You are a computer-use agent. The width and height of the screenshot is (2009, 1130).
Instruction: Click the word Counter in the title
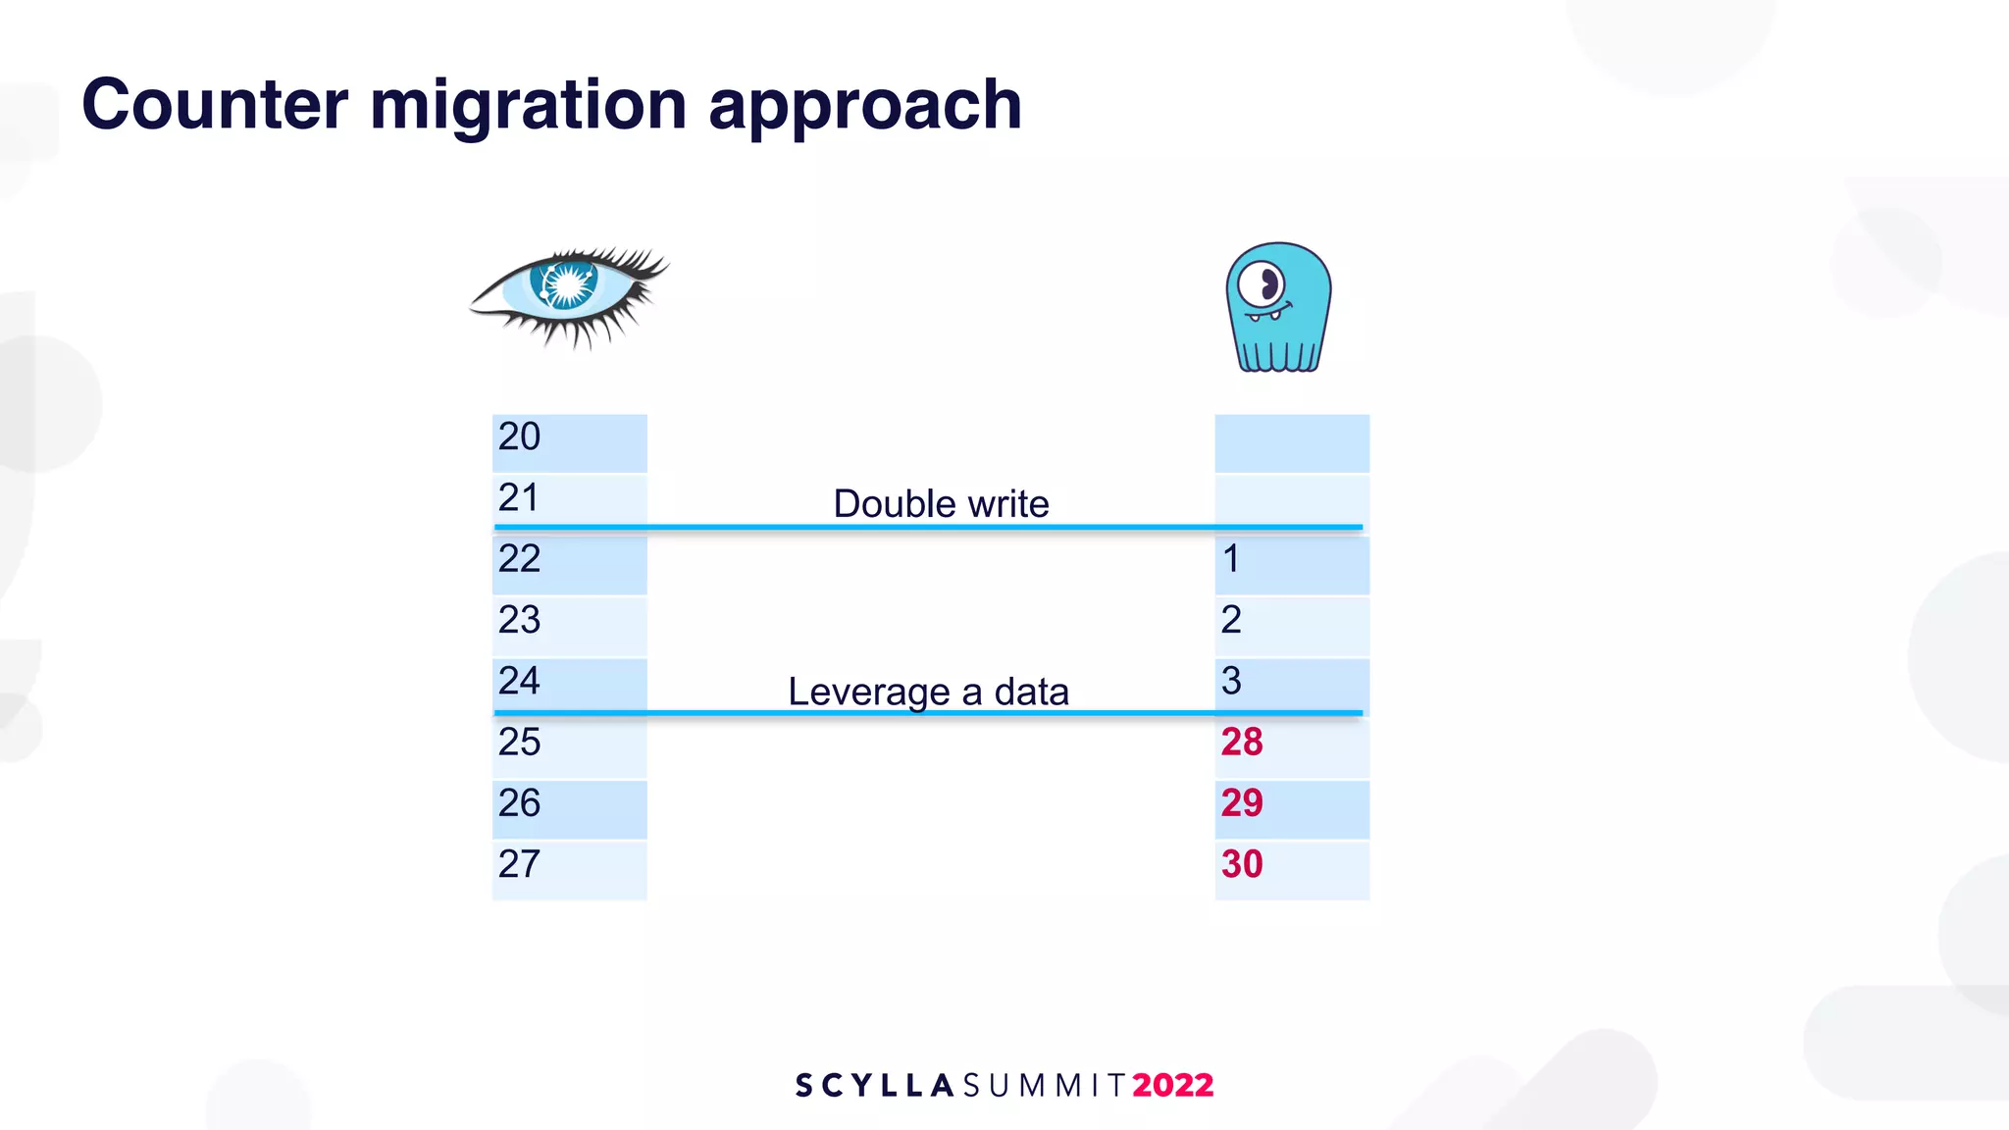(x=215, y=104)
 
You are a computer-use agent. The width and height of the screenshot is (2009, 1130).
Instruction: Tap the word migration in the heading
(x=528, y=104)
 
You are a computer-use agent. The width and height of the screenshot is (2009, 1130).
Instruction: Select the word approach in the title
(x=864, y=106)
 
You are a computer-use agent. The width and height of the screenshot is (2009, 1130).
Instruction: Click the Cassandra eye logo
(x=569, y=294)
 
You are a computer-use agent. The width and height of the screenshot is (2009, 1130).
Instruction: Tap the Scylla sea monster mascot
(x=1278, y=308)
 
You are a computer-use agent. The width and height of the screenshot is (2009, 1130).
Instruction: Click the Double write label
(x=941, y=504)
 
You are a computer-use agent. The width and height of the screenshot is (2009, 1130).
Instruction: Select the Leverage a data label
(x=928, y=692)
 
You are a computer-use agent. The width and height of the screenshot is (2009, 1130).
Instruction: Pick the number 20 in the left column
(x=519, y=437)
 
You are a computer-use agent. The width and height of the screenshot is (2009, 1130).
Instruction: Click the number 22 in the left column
(x=519, y=559)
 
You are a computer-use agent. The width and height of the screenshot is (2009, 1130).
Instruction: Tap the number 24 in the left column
(x=519, y=681)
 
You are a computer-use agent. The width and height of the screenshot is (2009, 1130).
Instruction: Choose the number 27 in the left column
(x=519, y=864)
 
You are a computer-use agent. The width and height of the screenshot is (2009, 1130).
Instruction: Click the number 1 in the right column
(x=1231, y=559)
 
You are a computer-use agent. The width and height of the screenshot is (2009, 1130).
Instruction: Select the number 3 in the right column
(x=1231, y=681)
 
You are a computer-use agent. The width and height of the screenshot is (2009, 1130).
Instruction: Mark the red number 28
(x=1242, y=743)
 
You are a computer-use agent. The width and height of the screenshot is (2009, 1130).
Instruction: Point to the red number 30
(x=1242, y=864)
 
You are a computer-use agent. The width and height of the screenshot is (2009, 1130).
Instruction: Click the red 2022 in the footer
(x=1173, y=1085)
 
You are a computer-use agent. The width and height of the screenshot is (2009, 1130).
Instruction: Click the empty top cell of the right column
(x=1292, y=442)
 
